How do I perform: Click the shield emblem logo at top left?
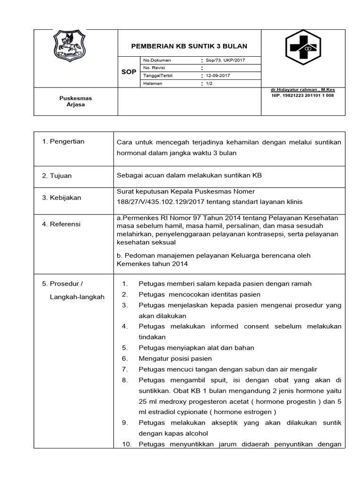[x=69, y=46]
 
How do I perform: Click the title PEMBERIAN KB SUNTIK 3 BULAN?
[x=189, y=46]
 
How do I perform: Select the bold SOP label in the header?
[x=129, y=72]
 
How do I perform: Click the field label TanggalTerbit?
[x=158, y=76]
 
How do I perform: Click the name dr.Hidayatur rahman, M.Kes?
[x=302, y=89]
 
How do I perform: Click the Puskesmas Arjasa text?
[x=76, y=101]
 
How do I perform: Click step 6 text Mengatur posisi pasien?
[x=175, y=358]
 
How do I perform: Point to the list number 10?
[x=125, y=444]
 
